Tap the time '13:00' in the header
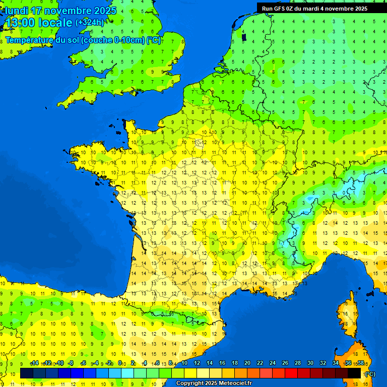(x=20, y=23)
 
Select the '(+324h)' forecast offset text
(x=90, y=22)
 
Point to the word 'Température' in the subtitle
(x=30, y=40)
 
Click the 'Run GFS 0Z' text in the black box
(x=280, y=9)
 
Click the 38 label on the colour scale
(x=360, y=363)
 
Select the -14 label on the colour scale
(x=35, y=363)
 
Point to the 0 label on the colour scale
(x=120, y=363)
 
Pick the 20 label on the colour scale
(x=247, y=363)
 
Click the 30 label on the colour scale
(x=310, y=363)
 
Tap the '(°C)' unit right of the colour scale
(x=370, y=374)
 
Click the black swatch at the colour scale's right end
(x=354, y=373)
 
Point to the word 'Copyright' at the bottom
(x=189, y=383)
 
